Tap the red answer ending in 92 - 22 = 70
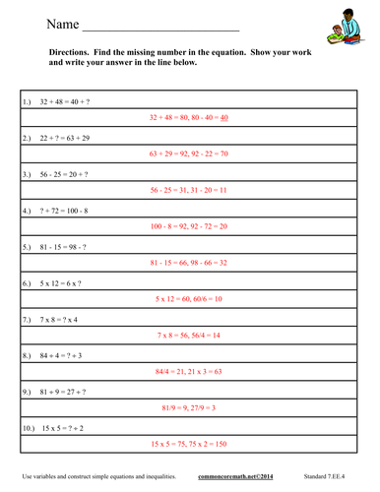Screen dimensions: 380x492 pos(189,154)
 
